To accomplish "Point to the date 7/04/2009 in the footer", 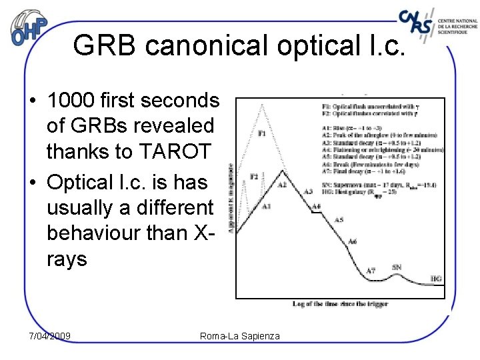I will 50,335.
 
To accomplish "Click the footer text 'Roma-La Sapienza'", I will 240,336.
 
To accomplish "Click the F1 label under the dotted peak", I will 262,133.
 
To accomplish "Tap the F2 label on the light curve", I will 254,176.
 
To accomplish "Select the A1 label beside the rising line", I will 266,207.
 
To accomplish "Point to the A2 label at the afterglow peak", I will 283,185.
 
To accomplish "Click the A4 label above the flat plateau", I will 317,206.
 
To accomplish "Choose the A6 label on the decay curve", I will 353,241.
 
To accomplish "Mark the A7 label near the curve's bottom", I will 371,271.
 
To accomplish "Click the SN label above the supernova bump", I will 397,267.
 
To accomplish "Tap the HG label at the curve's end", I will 436,279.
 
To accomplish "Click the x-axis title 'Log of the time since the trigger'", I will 340,304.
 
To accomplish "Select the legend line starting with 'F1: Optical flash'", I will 378,107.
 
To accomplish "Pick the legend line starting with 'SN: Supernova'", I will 378,185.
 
